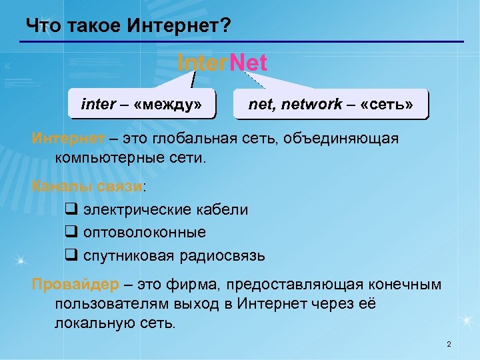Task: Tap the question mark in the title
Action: point(226,26)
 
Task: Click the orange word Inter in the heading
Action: point(202,63)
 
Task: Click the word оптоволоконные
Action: point(145,232)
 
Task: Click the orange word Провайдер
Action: point(75,285)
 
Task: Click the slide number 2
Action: point(449,344)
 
